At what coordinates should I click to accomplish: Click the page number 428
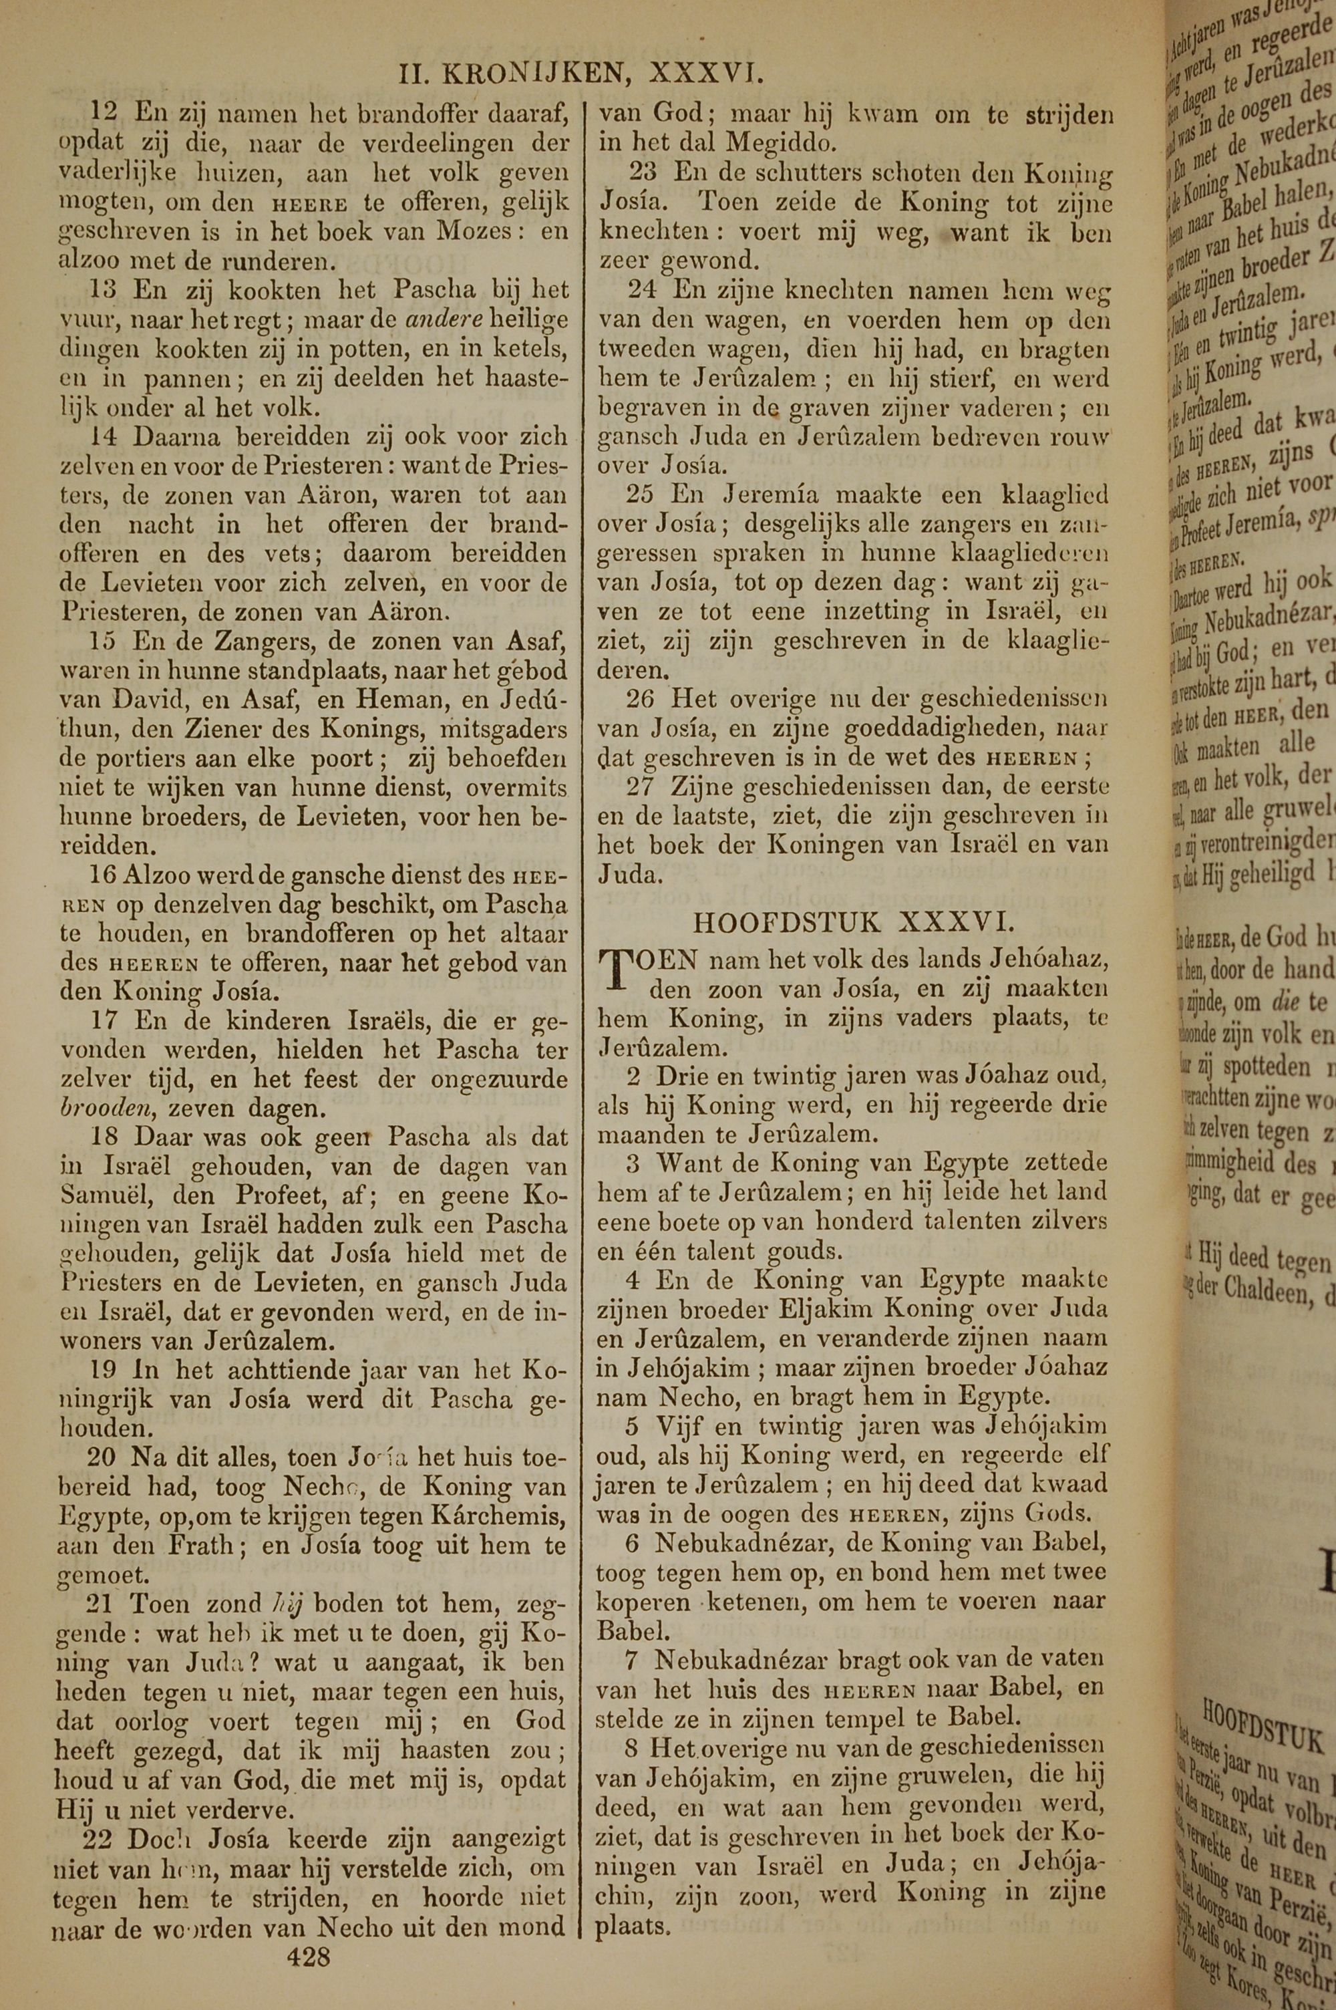click(309, 1933)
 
